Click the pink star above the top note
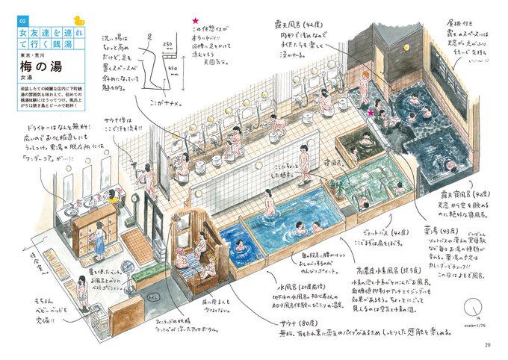coord(195,22)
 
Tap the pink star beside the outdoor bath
coord(370,112)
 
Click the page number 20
coord(487,344)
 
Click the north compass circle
coord(474,308)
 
